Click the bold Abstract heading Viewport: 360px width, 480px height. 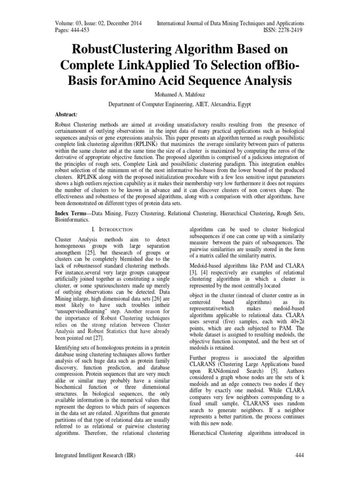[67, 114]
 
